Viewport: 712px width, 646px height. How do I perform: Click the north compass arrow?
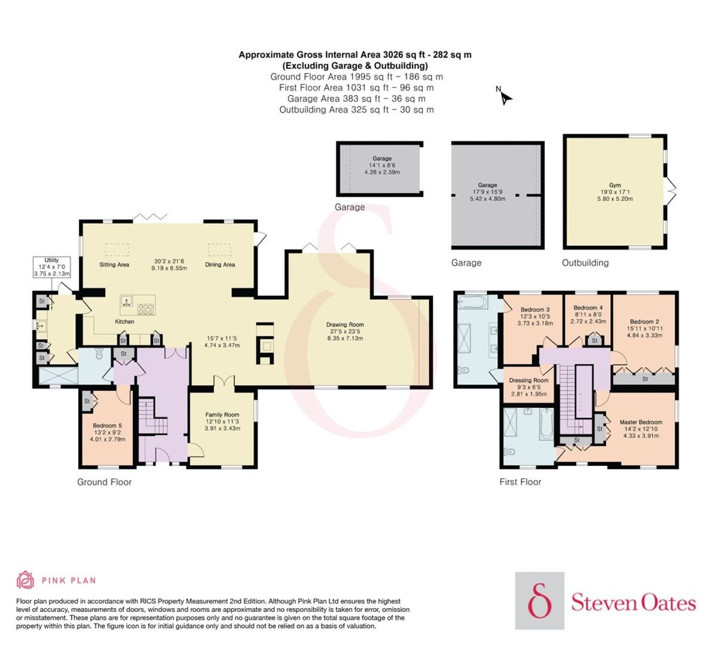point(506,98)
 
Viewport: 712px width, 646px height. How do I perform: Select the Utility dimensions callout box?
point(52,267)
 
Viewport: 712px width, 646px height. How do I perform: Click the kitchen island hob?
point(146,309)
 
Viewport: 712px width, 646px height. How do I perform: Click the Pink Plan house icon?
point(25,580)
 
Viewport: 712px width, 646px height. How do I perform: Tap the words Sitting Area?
point(114,265)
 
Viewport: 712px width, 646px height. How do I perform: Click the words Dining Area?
point(220,265)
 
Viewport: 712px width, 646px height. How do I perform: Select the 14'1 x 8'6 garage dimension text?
point(382,165)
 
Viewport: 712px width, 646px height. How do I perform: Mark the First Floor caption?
point(520,482)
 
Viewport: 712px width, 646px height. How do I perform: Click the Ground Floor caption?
point(104,482)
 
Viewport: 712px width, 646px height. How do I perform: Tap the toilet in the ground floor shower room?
point(99,354)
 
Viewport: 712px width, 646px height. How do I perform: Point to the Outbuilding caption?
point(585,263)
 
